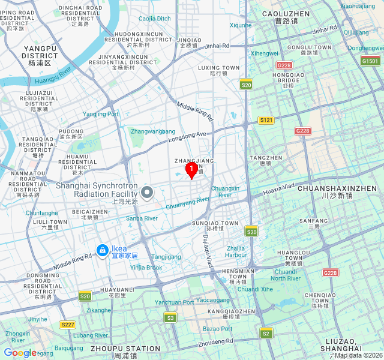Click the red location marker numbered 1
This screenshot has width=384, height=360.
click(191, 169)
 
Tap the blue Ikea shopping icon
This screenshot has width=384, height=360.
click(103, 249)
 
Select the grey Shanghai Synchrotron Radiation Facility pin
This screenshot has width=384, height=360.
click(147, 193)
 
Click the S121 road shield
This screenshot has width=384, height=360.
click(266, 120)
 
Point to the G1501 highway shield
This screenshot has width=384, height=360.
click(370, 61)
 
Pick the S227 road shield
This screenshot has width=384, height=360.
click(68, 325)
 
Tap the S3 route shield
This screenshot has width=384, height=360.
click(170, 317)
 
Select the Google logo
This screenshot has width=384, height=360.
click(20, 353)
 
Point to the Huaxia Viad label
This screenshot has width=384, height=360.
click(280, 188)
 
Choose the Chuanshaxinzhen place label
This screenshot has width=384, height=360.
click(340, 191)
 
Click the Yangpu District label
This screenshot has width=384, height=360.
click(40, 55)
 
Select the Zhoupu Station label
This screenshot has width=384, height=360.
click(125, 352)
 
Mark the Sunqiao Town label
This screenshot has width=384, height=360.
click(215, 226)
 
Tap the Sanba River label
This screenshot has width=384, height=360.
click(142, 218)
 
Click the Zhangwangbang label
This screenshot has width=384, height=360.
click(153, 131)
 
